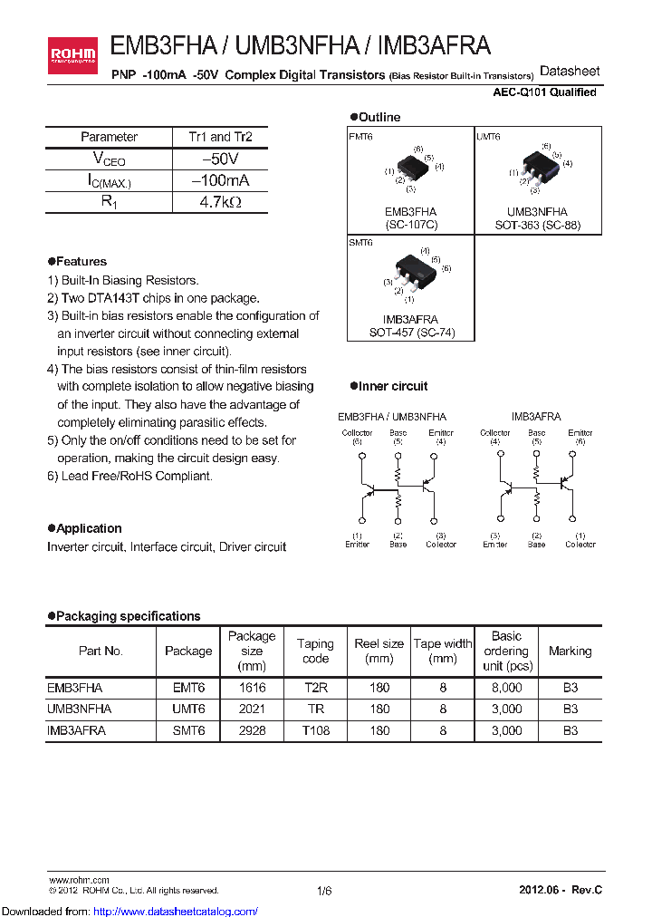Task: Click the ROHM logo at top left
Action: pos(75,56)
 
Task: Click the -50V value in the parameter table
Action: pos(220,159)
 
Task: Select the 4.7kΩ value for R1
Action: pos(220,202)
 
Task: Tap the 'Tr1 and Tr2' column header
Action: pos(220,137)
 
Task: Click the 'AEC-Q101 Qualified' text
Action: pos(544,92)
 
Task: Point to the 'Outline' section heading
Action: pos(379,118)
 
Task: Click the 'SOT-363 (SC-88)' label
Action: pos(537,225)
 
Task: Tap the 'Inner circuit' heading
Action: pos(393,387)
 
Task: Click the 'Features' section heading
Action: pos(81,262)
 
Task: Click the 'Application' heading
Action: pos(88,528)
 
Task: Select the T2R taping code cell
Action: pos(315,688)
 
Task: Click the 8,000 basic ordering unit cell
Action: pos(506,688)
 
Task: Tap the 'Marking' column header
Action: pos(570,652)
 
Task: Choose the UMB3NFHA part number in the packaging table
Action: pos(79,709)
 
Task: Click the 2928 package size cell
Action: pos(252,729)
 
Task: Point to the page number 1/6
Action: pos(325,892)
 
